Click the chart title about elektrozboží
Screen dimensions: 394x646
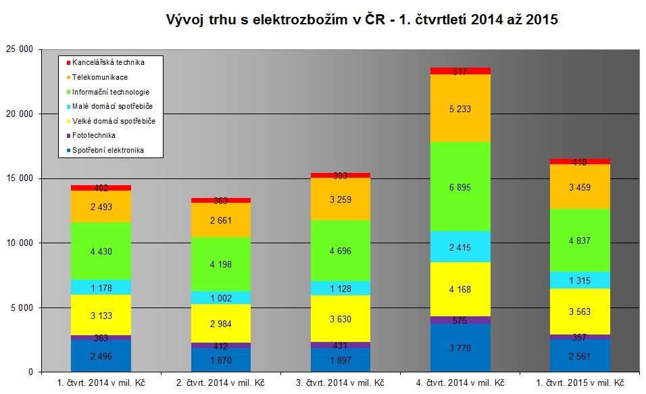click(362, 20)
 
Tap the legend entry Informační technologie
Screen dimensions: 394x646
click(111, 92)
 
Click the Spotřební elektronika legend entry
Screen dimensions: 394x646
click(108, 151)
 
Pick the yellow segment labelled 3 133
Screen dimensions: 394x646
click(101, 315)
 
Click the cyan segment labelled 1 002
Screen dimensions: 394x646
click(221, 297)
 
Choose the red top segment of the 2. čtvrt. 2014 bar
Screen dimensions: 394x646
click(221, 200)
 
